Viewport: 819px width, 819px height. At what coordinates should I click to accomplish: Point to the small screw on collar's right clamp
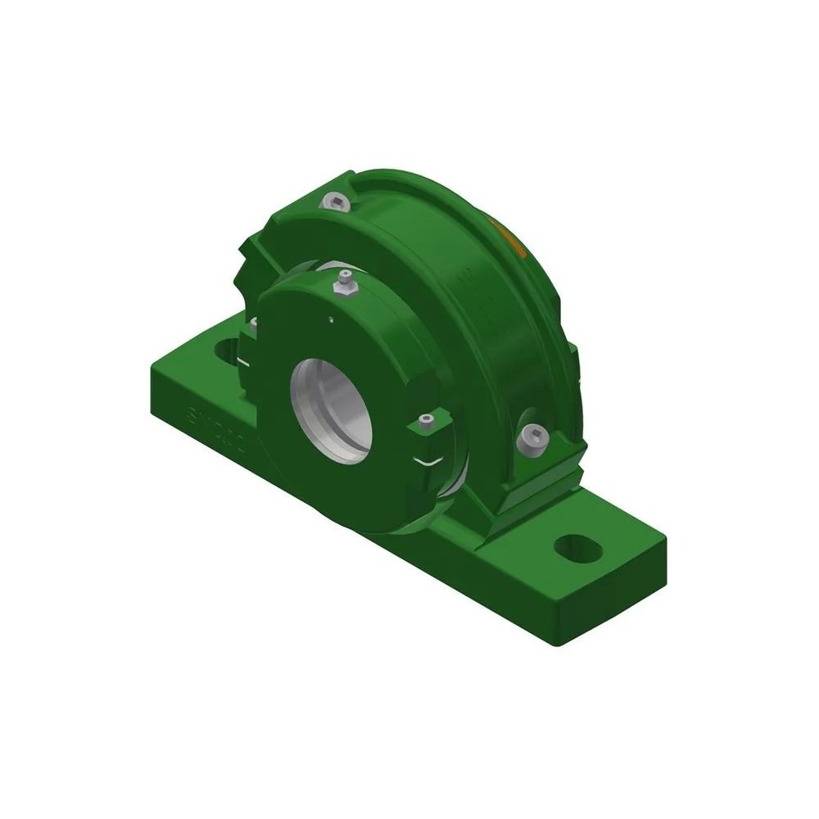(x=424, y=422)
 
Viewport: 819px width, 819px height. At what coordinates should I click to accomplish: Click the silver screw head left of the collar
(x=253, y=326)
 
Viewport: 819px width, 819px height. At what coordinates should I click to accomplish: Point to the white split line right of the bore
(x=428, y=459)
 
